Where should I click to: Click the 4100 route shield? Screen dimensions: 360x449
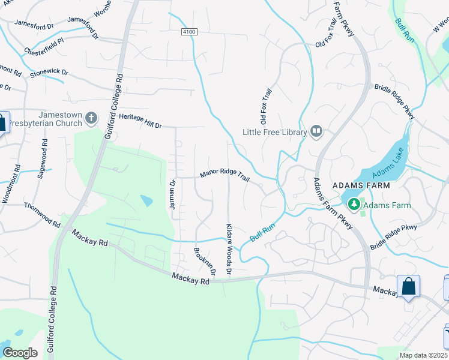tap(188, 32)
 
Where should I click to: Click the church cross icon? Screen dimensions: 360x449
tap(91, 118)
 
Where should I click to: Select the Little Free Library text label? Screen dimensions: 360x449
tap(274, 132)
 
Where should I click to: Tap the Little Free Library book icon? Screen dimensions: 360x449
tap(316, 131)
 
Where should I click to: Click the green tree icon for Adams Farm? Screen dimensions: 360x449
tap(354, 205)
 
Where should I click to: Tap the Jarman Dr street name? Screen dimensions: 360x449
tap(172, 194)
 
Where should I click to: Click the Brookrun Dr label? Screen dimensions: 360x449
tap(202, 262)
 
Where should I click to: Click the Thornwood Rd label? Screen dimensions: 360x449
tap(42, 214)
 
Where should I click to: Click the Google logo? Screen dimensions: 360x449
tap(20, 352)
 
